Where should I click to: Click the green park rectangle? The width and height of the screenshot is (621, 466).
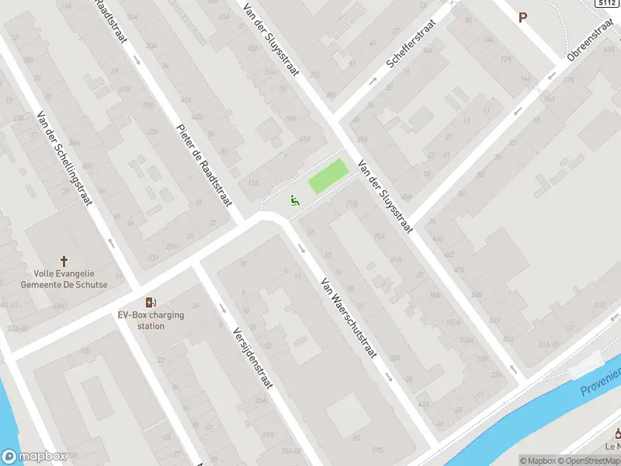[x=328, y=177]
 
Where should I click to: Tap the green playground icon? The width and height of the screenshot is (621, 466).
[x=293, y=200]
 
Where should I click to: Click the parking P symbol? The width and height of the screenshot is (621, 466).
[x=522, y=17]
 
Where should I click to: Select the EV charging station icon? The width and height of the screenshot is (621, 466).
[x=150, y=302]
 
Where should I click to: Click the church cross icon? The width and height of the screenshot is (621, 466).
[x=64, y=262]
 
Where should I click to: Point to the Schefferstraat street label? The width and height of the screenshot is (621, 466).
[x=410, y=51]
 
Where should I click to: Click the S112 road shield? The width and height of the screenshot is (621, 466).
[x=607, y=4]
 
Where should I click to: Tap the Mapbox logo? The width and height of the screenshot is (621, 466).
[x=33, y=457]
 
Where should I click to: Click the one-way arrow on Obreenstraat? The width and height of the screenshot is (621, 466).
[x=550, y=76]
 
